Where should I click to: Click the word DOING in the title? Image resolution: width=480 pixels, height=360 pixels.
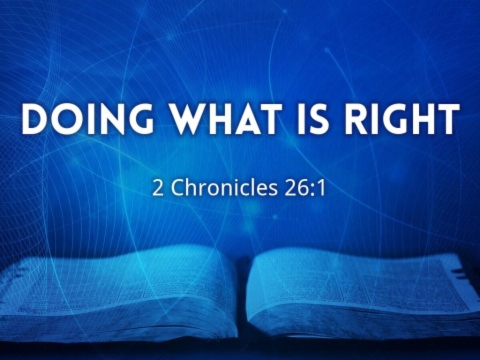tap(88, 119)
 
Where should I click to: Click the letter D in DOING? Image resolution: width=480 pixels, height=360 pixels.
tap(34, 119)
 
